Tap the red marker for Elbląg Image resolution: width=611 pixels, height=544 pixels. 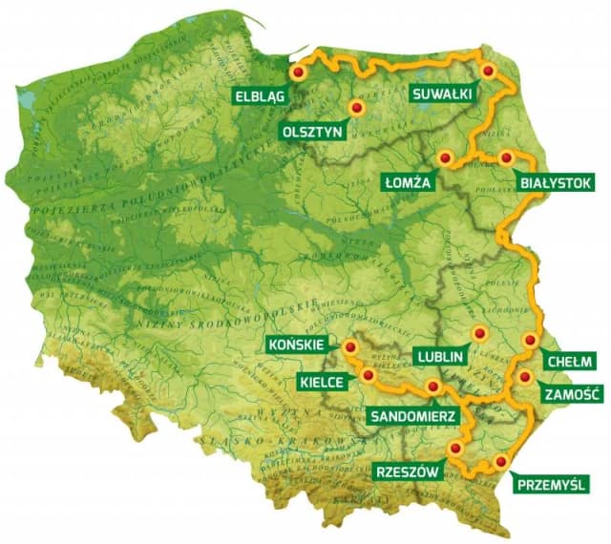point(297,72)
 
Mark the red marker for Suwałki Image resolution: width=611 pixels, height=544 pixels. point(489,71)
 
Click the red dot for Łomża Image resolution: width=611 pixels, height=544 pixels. point(444,157)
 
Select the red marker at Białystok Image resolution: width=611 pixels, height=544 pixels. point(506,157)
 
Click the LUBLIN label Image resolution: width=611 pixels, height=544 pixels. point(440,357)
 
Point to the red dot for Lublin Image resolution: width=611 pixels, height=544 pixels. point(479,333)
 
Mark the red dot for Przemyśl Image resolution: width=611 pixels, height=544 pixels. point(500,462)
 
